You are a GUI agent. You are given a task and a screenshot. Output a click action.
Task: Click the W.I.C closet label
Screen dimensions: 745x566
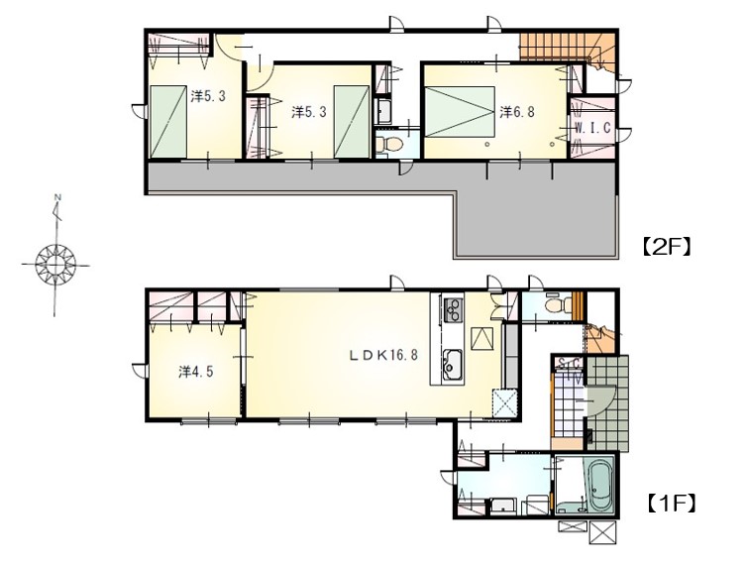point(592,127)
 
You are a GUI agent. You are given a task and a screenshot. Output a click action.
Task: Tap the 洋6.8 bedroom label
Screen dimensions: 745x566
point(517,112)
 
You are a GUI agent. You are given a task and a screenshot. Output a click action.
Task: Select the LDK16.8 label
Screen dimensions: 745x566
point(384,355)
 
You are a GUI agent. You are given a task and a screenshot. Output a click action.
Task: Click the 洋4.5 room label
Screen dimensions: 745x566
point(196,371)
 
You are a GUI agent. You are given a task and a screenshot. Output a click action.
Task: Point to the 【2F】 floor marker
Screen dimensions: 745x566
point(666,248)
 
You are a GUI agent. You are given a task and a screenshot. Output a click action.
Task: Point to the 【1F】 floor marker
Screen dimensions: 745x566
point(672,503)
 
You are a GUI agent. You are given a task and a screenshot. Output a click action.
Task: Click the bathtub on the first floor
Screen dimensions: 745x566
point(602,485)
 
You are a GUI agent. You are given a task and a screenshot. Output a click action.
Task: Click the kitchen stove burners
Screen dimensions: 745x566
point(453,309)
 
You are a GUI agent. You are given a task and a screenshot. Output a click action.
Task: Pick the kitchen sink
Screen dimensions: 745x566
point(453,365)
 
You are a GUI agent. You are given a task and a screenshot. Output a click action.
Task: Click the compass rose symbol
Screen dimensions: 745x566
point(56,263)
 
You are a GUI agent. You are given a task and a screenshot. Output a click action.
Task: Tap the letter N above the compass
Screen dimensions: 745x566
point(58,196)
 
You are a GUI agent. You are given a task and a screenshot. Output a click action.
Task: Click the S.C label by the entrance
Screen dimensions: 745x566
point(570,364)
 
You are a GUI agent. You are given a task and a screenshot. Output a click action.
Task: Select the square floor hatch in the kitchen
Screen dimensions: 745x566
point(483,339)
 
